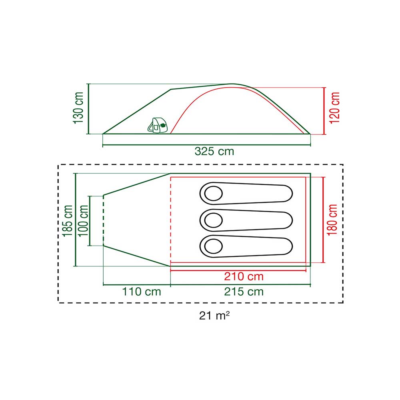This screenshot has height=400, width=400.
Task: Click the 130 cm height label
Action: click(x=78, y=108)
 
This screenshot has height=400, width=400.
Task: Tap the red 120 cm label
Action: click(x=335, y=108)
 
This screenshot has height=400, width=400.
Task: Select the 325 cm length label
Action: click(x=214, y=151)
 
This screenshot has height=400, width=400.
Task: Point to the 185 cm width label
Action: click(x=68, y=221)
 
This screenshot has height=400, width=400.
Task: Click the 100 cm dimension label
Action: click(x=83, y=221)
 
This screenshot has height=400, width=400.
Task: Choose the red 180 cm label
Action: click(x=332, y=220)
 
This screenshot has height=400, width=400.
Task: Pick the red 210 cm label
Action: click(x=244, y=276)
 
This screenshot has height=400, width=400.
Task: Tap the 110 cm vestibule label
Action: click(x=142, y=292)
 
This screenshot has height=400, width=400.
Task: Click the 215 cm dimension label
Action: click(x=244, y=292)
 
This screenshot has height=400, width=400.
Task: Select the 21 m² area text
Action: click(x=214, y=316)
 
